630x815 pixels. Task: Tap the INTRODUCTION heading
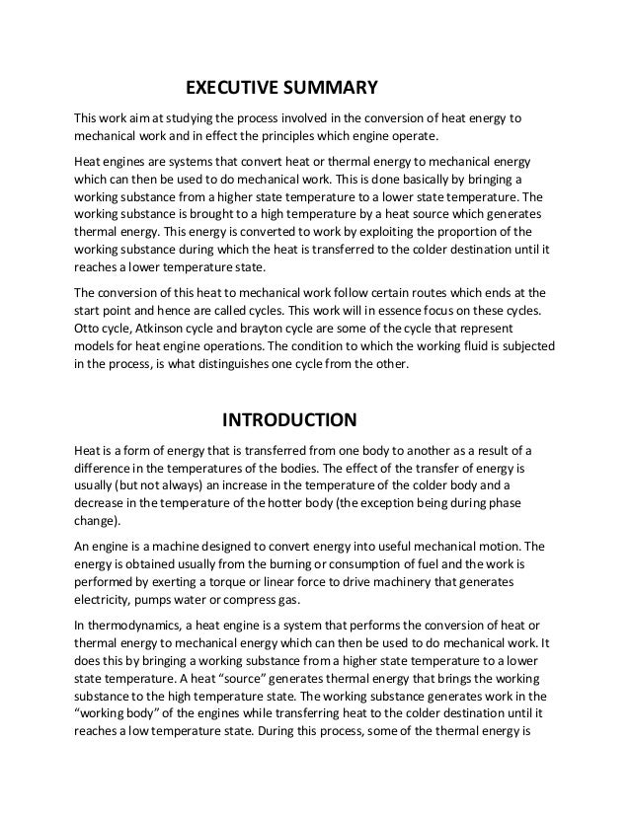point(288,421)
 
